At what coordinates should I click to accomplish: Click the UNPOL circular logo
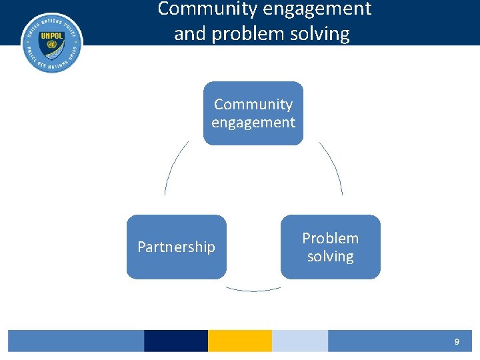[52, 43]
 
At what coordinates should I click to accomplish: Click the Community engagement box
[253, 113]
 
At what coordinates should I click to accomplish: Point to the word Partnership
[176, 247]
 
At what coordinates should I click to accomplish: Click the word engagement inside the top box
[253, 123]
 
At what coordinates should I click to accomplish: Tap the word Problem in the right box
[330, 238]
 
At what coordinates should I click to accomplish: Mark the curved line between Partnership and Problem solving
[253, 290]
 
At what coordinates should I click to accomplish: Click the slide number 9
[457, 341]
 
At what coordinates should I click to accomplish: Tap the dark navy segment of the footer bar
[175, 341]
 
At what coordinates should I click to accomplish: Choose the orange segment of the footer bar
[239, 341]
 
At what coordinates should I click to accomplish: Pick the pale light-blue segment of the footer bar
[299, 341]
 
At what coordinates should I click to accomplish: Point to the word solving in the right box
[330, 257]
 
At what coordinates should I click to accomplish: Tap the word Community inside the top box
[253, 105]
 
